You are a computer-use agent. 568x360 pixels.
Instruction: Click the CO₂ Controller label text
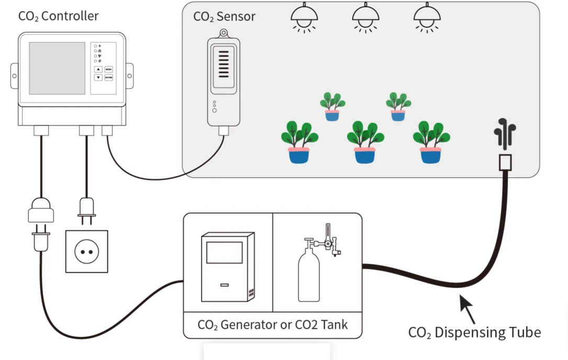(x=58, y=16)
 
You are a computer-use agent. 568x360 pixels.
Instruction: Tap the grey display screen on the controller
(x=57, y=68)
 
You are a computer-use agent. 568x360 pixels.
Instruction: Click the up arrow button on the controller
(x=98, y=69)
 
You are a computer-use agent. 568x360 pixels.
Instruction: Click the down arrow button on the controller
(x=98, y=77)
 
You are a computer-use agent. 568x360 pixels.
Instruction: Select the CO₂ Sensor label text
(x=224, y=16)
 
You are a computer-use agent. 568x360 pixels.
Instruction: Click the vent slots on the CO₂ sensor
(x=224, y=63)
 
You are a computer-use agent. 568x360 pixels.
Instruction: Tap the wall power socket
(x=86, y=252)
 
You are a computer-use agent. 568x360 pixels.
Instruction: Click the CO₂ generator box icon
(x=228, y=267)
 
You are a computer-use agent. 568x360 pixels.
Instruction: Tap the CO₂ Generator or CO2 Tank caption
(x=272, y=324)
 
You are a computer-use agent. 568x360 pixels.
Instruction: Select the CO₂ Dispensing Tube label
(x=474, y=332)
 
